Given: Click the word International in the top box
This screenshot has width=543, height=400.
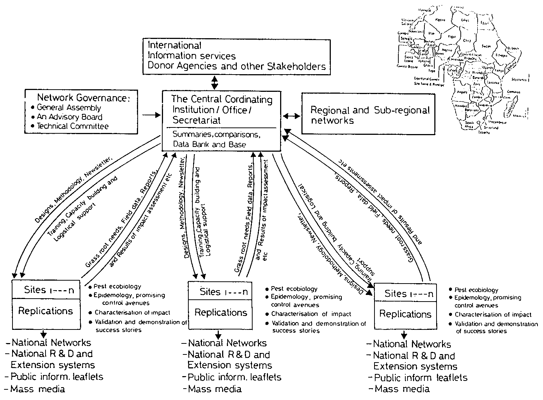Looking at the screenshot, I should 174,46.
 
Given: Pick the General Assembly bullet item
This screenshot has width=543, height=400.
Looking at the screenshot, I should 69,108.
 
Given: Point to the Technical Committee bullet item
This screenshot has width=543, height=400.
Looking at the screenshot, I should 72,126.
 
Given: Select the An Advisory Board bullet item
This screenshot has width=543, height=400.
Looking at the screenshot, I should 69,117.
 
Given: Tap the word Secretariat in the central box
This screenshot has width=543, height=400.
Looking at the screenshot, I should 196,120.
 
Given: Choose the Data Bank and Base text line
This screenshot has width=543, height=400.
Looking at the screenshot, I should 209,144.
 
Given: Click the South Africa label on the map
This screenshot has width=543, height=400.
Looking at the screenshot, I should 469,125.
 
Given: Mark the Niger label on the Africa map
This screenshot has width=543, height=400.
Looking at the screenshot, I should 452,36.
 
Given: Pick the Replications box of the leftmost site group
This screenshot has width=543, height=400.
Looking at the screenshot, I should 46,311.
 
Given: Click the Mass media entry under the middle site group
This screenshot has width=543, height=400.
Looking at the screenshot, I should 214,389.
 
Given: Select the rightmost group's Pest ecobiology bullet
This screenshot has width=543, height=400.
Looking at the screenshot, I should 476,290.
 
